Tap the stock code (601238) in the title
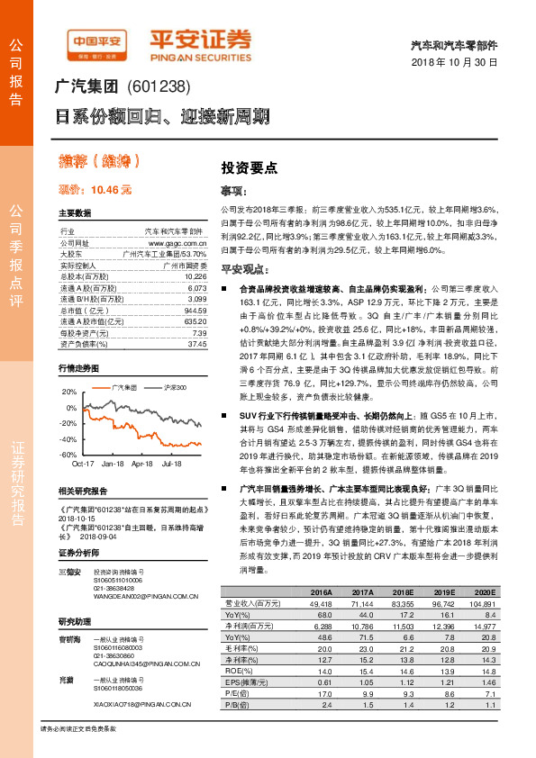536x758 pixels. coord(161,87)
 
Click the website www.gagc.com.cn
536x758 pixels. coord(177,243)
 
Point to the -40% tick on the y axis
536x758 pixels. coord(68,438)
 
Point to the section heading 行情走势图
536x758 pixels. coord(77,369)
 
